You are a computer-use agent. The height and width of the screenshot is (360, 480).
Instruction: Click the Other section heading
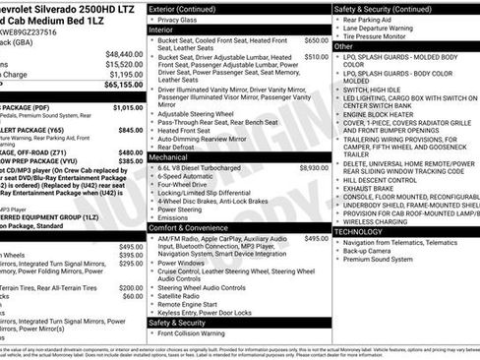tap(344, 46)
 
